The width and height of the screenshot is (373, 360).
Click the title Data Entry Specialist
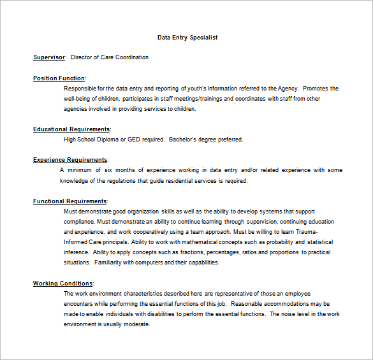pyautogui.click(x=187, y=38)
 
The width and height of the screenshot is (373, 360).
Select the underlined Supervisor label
pyautogui.click(x=49, y=57)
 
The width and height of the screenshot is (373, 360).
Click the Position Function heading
pyautogui.click(x=58, y=78)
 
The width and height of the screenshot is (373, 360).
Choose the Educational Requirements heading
pyautogui.click(x=71, y=129)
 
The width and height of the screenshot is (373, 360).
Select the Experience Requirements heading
pyautogui.click(x=70, y=160)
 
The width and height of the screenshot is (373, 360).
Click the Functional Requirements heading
pyautogui.click(x=69, y=201)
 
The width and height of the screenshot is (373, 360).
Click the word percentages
pyautogui.click(x=202, y=252)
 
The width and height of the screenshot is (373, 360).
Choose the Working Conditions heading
pyautogui.click(x=62, y=284)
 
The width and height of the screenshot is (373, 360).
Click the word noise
pyautogui.click(x=290, y=314)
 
